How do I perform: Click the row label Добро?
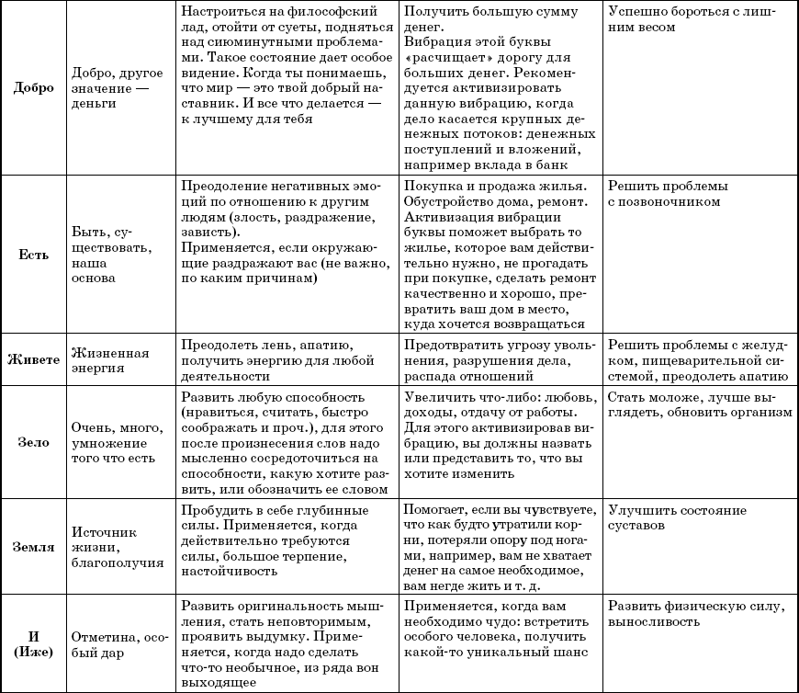coord(35,88)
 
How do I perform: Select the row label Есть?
coord(34,255)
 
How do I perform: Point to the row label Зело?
coord(34,441)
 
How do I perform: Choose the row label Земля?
coord(34,547)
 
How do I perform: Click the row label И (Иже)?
coord(34,642)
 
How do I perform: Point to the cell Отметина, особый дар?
coord(111,642)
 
